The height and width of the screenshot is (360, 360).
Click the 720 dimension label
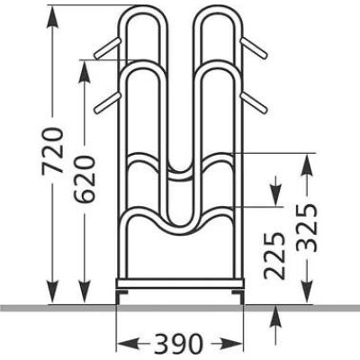pos(53,150)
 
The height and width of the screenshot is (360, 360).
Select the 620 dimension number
pos(85,179)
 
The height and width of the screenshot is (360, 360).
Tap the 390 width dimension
pos(178,344)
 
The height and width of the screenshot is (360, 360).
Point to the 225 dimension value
pos(274,256)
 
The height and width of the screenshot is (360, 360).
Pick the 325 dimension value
pos(307,228)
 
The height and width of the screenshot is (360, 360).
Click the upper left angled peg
pos(107,48)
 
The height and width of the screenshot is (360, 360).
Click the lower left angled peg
pos(107,103)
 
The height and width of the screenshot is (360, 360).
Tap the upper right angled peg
pos(254,48)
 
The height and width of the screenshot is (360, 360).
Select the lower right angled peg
pos(254,103)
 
